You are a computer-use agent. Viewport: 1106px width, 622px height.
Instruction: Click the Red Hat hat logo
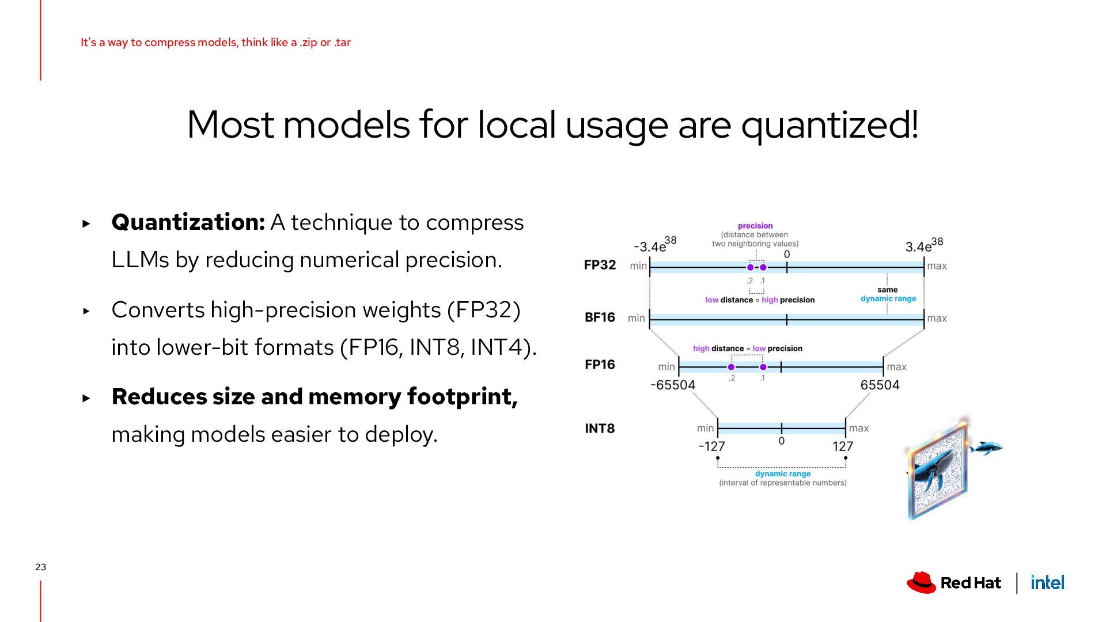tap(921, 582)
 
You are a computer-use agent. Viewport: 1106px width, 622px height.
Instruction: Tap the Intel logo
tap(1047, 583)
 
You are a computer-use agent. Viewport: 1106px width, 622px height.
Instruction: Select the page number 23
tap(40, 567)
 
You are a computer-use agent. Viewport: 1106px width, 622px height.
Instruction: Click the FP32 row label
tap(600, 265)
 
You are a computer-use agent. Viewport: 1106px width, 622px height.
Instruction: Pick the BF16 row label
tap(600, 317)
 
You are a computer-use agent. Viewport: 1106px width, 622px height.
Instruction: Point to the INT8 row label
tap(600, 428)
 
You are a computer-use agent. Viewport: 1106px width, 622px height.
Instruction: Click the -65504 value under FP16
tap(672, 385)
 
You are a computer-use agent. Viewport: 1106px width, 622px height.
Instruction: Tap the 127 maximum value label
tap(842, 446)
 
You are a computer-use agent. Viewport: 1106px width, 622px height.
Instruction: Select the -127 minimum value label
tap(711, 446)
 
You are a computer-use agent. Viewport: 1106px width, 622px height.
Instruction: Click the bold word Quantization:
tap(188, 222)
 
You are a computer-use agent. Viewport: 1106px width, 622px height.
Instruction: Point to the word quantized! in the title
tap(829, 125)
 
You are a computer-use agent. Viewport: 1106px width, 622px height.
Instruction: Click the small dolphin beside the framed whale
tap(986, 447)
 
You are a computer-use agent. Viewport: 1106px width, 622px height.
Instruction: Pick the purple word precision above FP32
tap(755, 226)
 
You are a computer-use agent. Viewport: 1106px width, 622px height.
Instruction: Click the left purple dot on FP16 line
tap(731, 367)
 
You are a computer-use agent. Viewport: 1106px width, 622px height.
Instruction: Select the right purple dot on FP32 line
tap(763, 267)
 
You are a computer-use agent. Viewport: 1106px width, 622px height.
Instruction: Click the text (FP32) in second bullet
tap(484, 310)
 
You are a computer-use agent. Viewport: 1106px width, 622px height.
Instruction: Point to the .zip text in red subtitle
tap(308, 43)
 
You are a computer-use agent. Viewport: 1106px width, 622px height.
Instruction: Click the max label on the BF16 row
tap(937, 318)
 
